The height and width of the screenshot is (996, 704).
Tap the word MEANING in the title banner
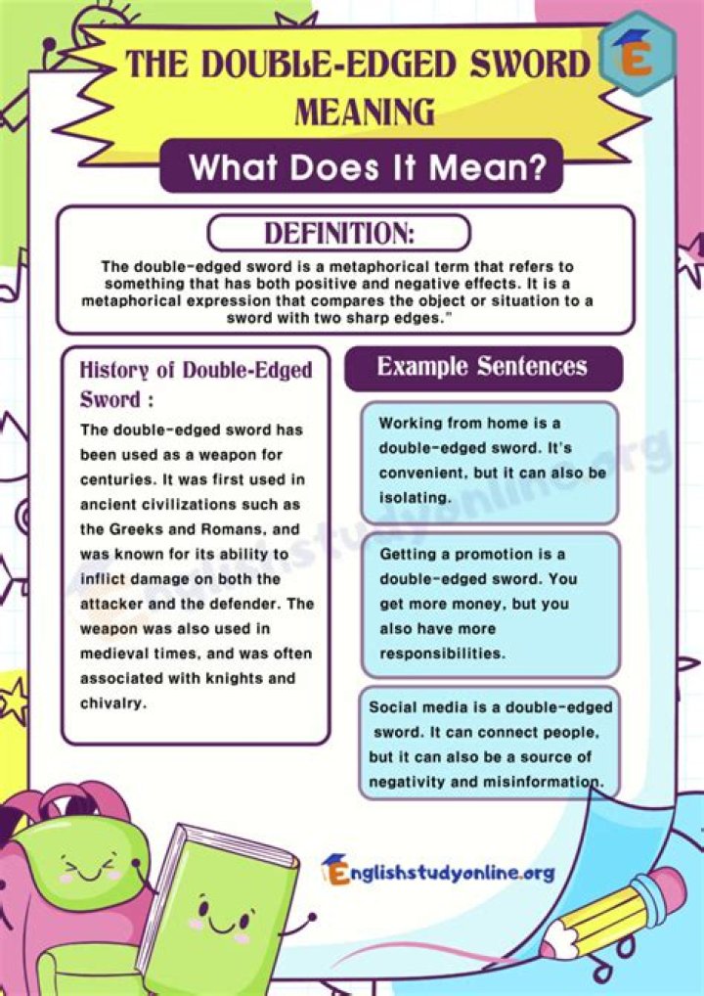pos(365,113)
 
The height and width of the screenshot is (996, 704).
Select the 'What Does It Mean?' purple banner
pos(366,166)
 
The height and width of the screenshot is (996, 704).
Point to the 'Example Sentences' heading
pos(482,367)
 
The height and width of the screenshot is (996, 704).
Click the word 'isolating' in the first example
pos(416,497)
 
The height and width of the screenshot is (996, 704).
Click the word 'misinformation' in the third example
pos(543,781)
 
